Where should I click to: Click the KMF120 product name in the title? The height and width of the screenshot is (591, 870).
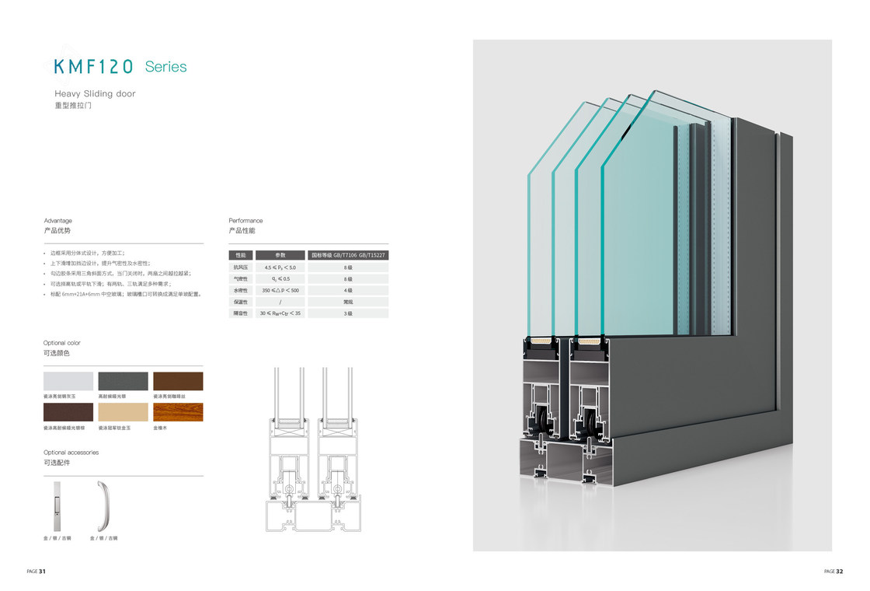point(94,66)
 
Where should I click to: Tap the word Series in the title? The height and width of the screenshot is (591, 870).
point(165,67)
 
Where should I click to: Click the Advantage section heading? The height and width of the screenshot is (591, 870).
point(57,221)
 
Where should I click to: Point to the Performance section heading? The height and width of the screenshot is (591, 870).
point(245,221)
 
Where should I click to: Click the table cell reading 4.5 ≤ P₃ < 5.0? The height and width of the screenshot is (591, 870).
point(280,267)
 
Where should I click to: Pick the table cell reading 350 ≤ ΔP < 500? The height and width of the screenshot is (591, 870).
point(280,290)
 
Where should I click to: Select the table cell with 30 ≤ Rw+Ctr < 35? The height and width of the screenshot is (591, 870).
point(280,313)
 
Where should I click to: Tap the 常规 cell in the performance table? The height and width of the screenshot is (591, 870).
point(348,302)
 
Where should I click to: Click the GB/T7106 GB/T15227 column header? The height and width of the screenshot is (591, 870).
point(348,255)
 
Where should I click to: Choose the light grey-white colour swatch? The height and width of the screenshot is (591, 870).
point(68,381)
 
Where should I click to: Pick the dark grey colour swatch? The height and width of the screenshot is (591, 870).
point(123,381)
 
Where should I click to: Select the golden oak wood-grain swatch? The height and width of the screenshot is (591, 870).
point(178,411)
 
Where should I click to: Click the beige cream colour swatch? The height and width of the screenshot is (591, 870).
point(123,411)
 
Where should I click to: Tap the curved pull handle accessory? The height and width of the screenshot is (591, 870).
point(102,505)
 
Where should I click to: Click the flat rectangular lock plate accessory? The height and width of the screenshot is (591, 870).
point(57,505)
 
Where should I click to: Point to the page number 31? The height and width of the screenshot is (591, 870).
point(42,572)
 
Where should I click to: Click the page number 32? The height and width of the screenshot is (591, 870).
point(839,572)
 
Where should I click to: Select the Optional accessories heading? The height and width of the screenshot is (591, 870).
point(71,453)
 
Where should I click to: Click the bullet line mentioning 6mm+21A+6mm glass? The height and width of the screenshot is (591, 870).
point(124,295)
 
